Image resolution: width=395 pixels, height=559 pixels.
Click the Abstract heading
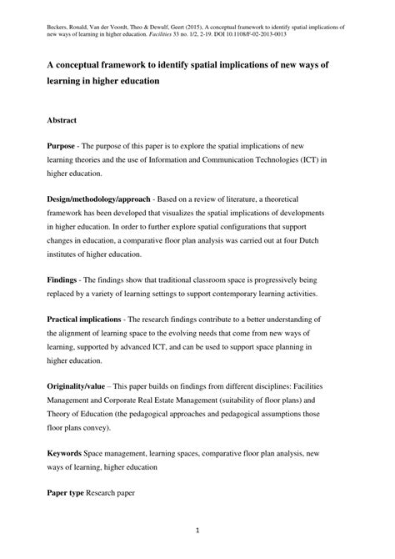pyautogui.click(x=65, y=120)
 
